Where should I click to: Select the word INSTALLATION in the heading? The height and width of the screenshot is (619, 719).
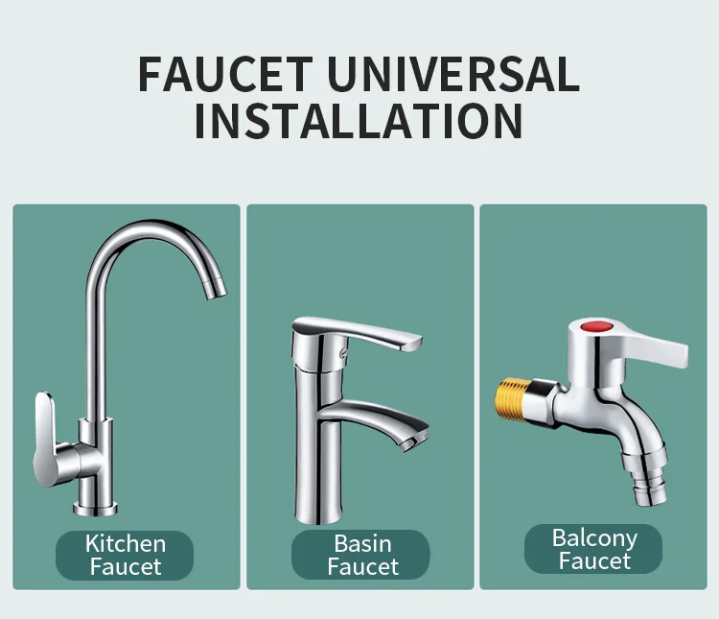click(359, 122)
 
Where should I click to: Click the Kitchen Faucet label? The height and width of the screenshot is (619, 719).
click(125, 555)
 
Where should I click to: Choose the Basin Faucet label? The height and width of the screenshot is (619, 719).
click(361, 555)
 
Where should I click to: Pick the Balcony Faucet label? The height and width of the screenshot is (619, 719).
click(594, 549)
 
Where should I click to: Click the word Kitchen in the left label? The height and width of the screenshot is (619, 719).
click(125, 543)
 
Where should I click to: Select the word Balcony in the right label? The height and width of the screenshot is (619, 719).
click(594, 537)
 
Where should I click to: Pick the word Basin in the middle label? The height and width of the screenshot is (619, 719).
click(361, 543)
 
